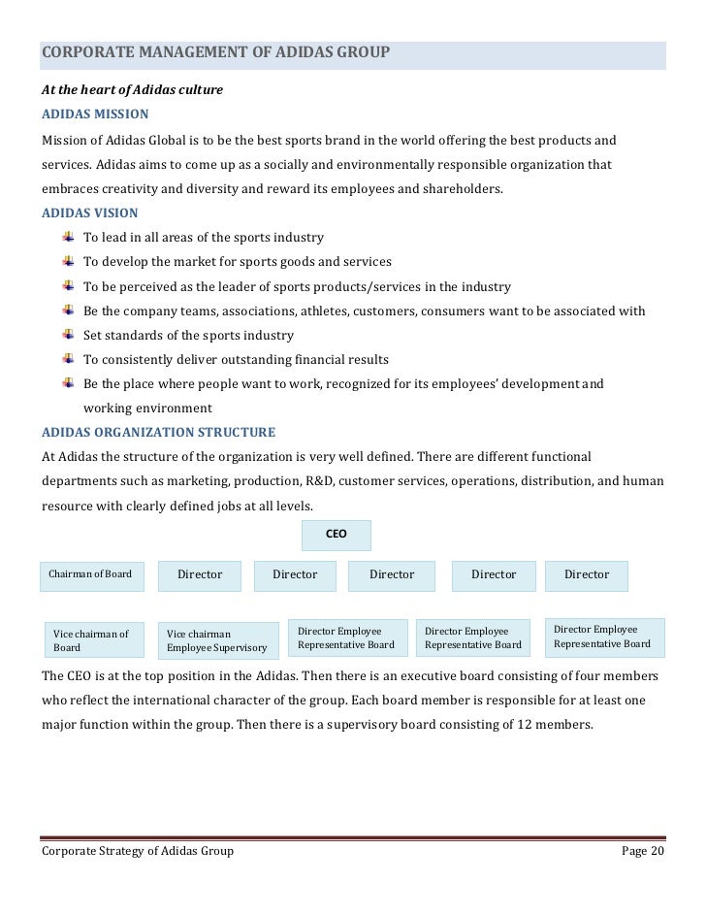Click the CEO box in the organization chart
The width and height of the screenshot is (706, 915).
(336, 535)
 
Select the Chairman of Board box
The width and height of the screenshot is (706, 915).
(91, 574)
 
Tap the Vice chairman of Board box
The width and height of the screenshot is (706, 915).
(91, 640)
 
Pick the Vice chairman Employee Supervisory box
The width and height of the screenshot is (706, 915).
(215, 640)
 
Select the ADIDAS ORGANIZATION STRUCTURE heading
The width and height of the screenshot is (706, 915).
(158, 432)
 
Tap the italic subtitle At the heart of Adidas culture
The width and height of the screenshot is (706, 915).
(132, 90)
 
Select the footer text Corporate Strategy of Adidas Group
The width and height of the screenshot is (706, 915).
(137, 851)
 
